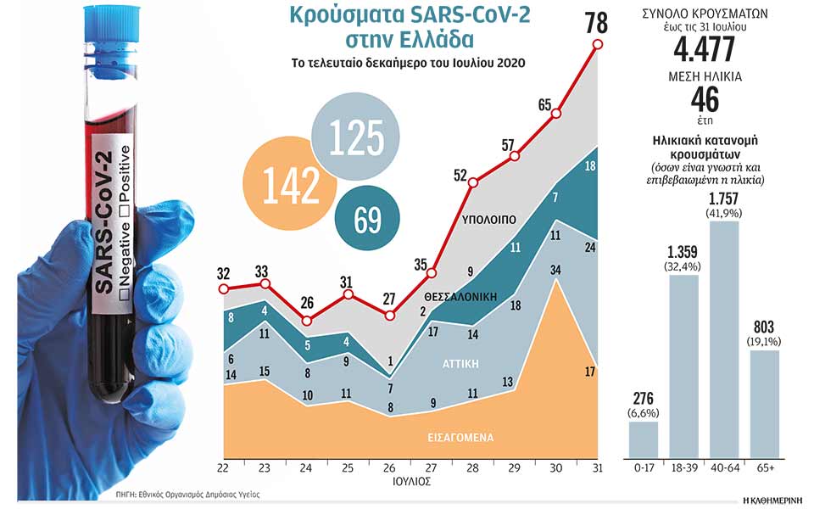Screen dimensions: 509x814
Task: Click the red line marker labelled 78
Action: pyautogui.click(x=598, y=45)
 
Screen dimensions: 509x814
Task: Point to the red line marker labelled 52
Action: pyautogui.click(x=473, y=182)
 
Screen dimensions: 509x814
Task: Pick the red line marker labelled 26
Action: pyautogui.click(x=307, y=321)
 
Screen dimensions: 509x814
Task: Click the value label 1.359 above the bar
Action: pyautogui.click(x=683, y=252)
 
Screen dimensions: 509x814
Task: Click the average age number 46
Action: pyautogui.click(x=705, y=101)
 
